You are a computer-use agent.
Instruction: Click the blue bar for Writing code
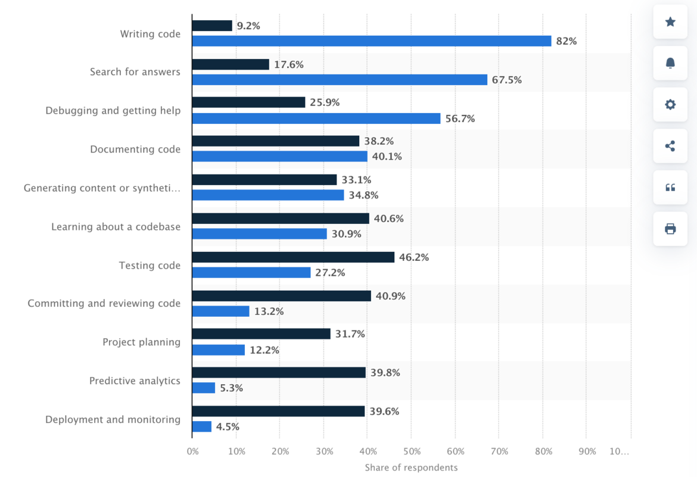(371, 41)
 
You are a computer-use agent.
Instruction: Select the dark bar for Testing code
(293, 257)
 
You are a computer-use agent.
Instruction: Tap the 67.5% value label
(506, 80)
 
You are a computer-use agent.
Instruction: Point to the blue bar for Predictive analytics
(203, 388)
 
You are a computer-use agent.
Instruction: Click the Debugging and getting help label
(113, 110)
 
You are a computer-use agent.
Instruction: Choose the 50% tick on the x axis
(411, 452)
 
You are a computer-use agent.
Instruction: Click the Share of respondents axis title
(411, 467)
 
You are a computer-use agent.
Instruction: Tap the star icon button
(670, 22)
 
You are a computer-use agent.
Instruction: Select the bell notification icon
(670, 63)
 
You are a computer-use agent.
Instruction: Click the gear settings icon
(670, 105)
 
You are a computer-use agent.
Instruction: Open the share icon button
(670, 146)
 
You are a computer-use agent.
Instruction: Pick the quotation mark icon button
(670, 188)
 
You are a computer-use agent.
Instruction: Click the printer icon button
(670, 229)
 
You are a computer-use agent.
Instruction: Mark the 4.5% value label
(228, 426)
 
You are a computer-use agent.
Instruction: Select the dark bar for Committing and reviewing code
(281, 296)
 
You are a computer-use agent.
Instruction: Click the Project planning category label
(141, 342)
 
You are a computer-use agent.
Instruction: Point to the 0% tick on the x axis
(192, 452)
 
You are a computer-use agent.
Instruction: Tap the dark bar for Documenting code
(275, 141)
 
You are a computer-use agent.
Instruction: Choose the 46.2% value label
(414, 257)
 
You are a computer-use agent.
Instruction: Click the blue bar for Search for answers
(340, 80)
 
